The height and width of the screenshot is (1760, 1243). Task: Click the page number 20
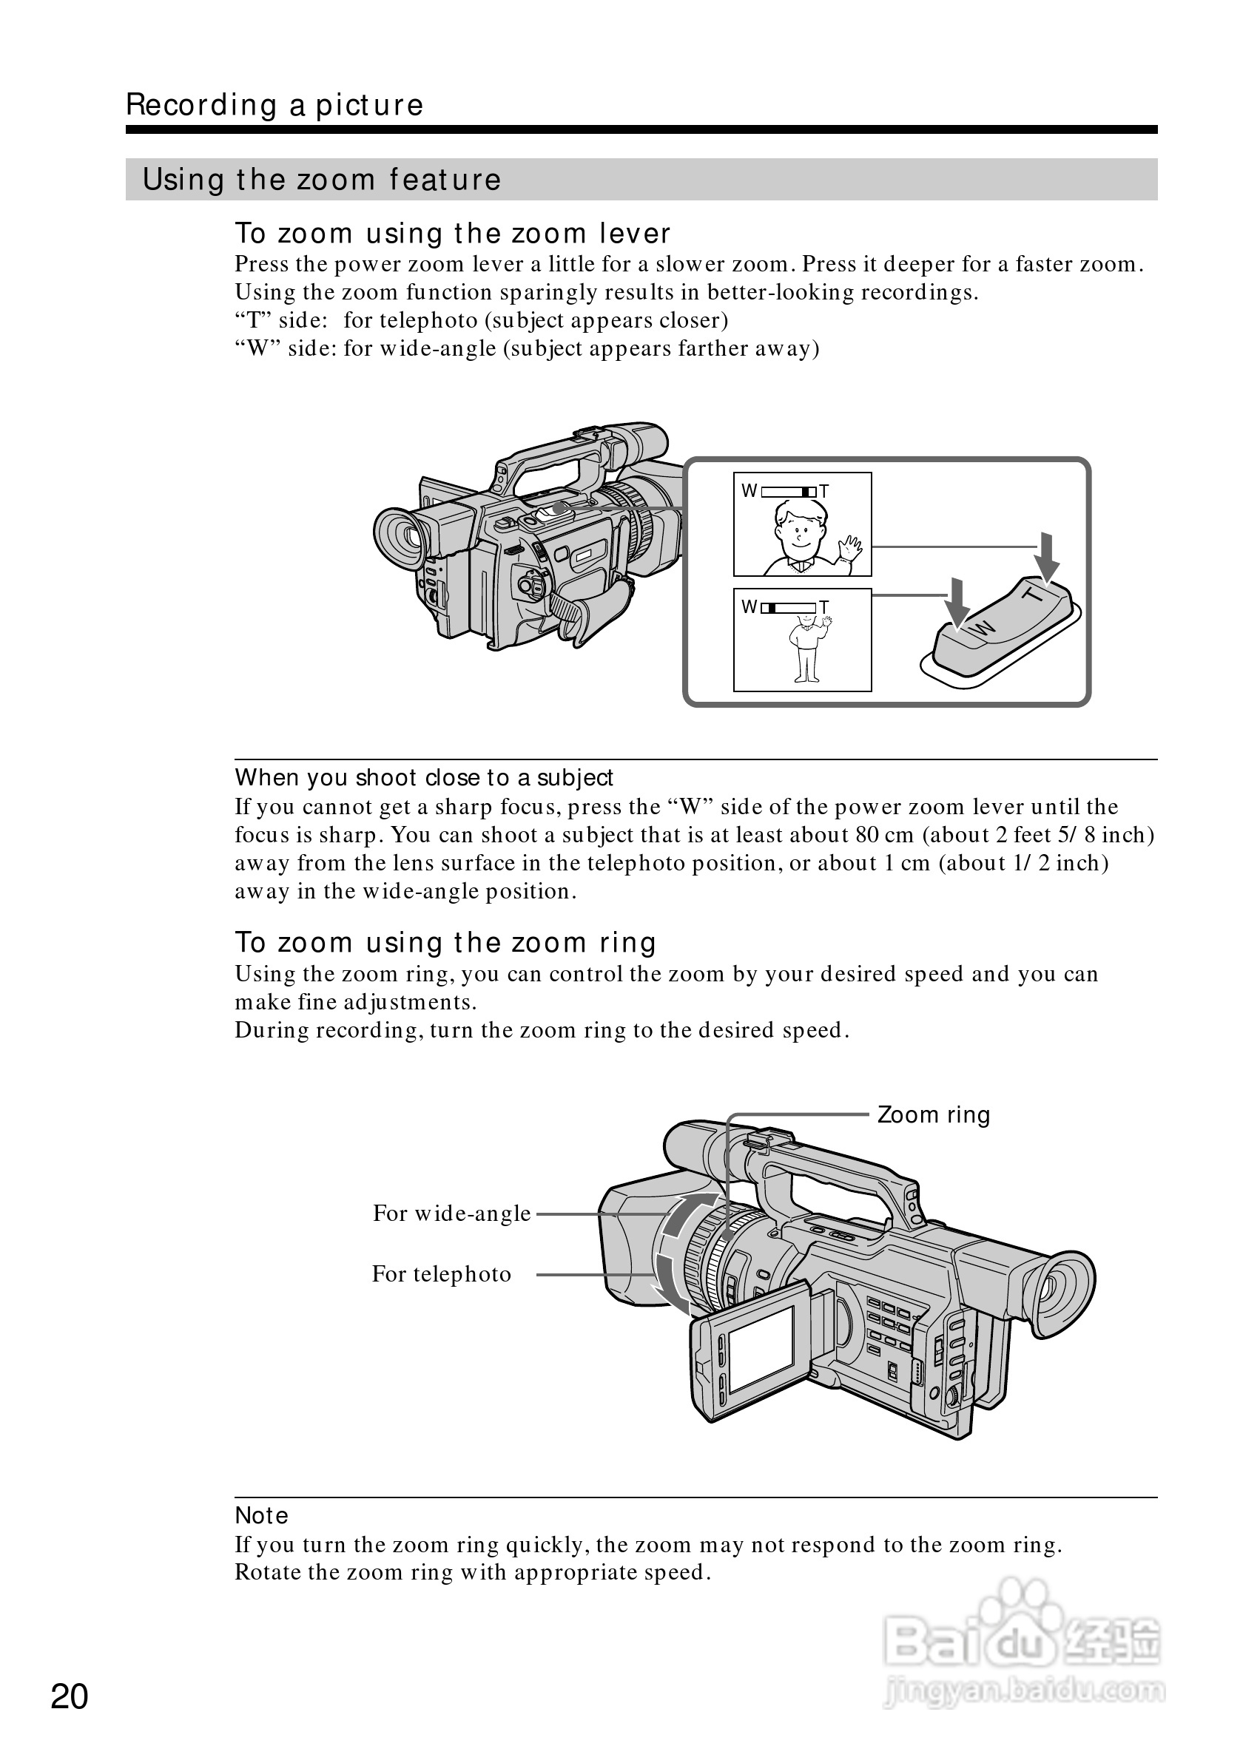click(x=70, y=1697)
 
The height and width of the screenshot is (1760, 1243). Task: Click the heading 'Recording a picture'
click(x=274, y=105)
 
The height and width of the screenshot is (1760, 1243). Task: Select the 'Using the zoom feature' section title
click(x=322, y=180)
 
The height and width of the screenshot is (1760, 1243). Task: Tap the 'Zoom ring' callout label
click(x=933, y=1115)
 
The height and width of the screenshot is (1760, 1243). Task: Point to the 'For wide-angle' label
click(x=451, y=1214)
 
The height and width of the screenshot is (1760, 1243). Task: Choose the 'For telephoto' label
click(x=442, y=1274)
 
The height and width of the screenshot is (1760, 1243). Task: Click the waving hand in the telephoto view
click(x=849, y=548)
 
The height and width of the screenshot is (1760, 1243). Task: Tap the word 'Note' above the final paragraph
click(x=261, y=1515)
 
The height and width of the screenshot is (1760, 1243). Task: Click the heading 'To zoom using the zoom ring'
click(x=445, y=942)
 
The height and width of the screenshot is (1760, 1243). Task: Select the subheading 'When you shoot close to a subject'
click(x=424, y=777)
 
